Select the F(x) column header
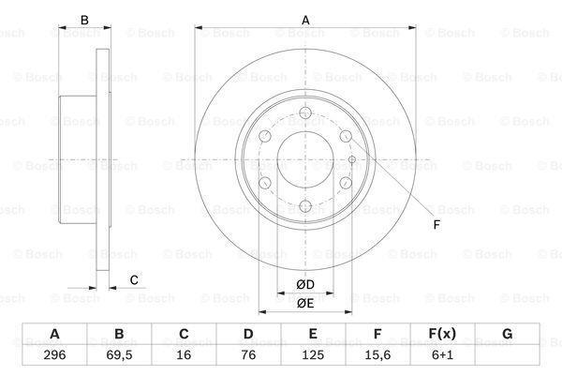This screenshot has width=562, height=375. click(442, 335)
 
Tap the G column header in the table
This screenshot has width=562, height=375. click(507, 335)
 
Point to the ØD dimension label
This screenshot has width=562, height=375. click(304, 284)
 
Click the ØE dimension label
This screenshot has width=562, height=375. click(304, 302)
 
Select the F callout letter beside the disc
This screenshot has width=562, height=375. click(436, 224)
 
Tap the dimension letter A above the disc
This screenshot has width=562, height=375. click(304, 19)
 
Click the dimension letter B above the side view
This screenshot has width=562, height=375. click(84, 19)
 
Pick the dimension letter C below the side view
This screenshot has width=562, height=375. click(134, 279)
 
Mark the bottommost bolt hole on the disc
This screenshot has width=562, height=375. click(304, 206)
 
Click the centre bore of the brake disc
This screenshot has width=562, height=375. click(304, 160)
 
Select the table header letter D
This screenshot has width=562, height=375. click(248, 335)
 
